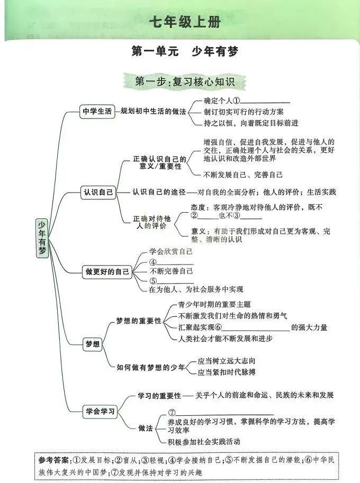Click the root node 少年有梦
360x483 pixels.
click(42, 238)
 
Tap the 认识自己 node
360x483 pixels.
click(98, 192)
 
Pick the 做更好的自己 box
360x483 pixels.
click(107, 272)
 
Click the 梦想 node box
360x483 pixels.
click(92, 344)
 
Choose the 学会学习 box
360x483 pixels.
click(100, 412)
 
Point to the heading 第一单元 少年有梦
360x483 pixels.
click(185, 52)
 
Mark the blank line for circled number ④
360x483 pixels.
click(175, 262)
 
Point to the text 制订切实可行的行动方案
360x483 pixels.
click(244, 112)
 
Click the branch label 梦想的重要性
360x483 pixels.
click(139, 321)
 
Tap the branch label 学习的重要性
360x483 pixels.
click(159, 395)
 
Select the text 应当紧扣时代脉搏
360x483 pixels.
click(226, 372)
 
